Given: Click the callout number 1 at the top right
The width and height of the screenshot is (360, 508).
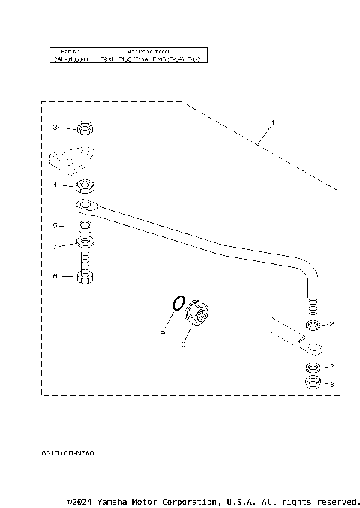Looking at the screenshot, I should (x=273, y=122).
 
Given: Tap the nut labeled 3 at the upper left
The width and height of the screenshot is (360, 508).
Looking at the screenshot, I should (x=85, y=129).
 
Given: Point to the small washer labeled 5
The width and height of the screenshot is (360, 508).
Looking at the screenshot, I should (x=85, y=225).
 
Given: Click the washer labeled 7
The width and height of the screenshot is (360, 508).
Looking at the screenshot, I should (x=86, y=244).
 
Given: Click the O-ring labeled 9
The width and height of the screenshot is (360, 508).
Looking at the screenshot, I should (x=176, y=302).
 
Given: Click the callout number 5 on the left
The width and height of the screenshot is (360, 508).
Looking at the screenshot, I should (x=55, y=225).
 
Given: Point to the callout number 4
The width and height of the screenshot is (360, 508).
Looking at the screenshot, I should (x=55, y=184).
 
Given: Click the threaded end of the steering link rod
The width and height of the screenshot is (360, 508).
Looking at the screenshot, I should (x=313, y=306).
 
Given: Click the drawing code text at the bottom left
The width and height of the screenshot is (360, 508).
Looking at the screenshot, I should (x=68, y=453).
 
